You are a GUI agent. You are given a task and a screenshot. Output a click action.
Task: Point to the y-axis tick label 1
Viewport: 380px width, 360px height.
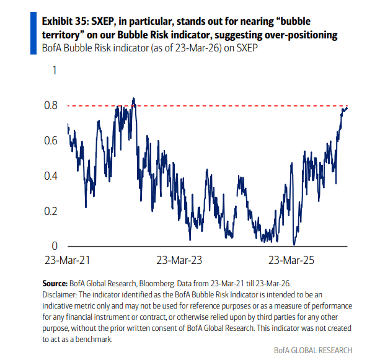[x=54, y=71]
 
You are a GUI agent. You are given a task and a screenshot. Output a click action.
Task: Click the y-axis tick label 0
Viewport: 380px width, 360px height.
[x=54, y=246]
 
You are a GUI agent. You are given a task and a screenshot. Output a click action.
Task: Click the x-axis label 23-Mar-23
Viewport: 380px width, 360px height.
[x=179, y=260]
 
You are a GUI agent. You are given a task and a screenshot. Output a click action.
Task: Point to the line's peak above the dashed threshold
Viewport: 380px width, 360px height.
[x=133, y=98]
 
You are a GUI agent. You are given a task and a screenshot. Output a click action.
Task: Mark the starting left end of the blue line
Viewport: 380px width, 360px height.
[x=67, y=125]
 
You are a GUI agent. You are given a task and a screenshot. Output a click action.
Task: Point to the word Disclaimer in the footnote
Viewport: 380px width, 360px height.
[x=61, y=293]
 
